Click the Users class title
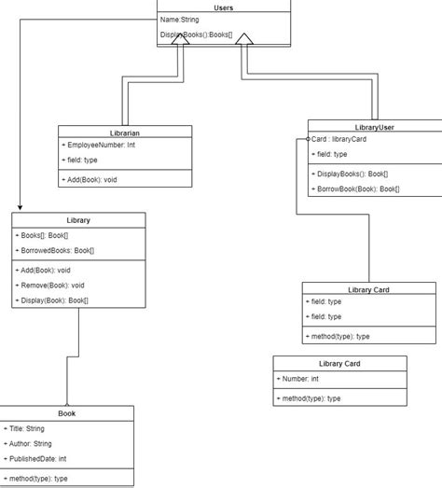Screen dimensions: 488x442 point(223,7)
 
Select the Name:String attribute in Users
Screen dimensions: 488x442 point(181,19)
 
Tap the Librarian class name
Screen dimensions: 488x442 point(125,132)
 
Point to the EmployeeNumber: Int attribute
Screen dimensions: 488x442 point(99,145)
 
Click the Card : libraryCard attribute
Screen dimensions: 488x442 point(339,139)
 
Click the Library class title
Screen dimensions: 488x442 point(78,220)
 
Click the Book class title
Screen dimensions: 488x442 point(67,412)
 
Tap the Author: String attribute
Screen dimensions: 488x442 point(30,443)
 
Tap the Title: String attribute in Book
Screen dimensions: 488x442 point(25,428)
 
